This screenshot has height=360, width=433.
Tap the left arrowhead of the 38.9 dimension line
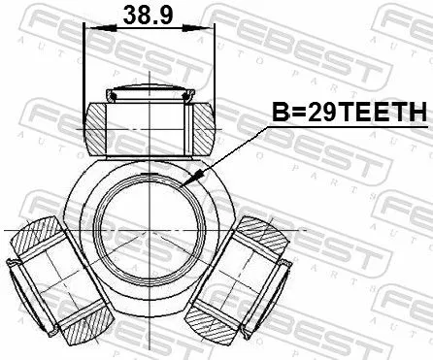point(90,29)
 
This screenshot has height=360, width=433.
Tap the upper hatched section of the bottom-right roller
point(258,234)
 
